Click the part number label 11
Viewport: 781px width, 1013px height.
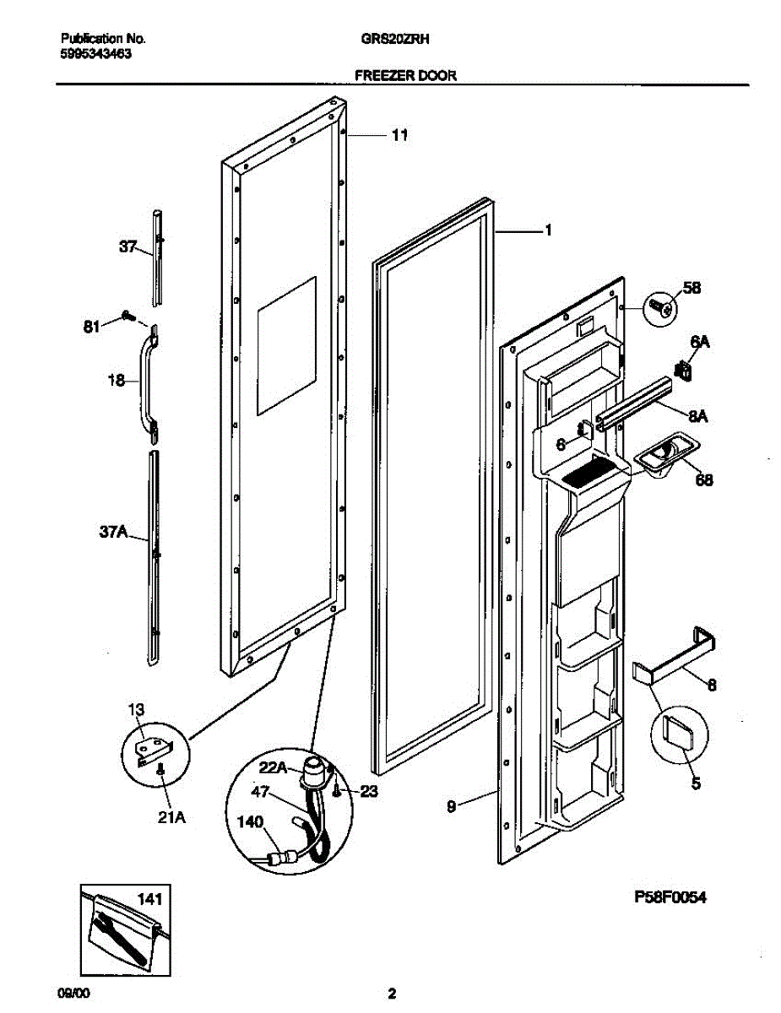[400, 135]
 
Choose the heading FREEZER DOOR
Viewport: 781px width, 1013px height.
[405, 75]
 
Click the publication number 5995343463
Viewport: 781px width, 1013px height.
[96, 52]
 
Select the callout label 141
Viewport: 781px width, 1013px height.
[149, 899]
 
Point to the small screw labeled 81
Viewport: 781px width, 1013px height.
[127, 316]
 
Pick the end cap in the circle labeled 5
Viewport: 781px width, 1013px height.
[678, 727]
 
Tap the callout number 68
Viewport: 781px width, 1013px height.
[703, 480]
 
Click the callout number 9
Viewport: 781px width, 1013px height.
[451, 807]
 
